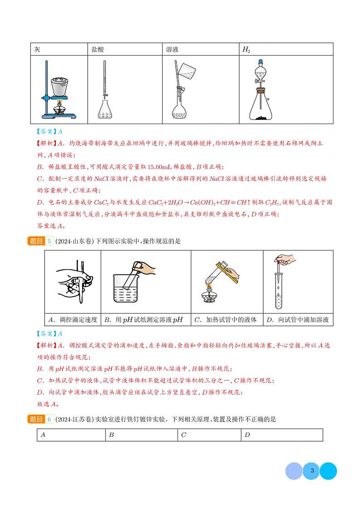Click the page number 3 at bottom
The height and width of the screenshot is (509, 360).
[x=311, y=471]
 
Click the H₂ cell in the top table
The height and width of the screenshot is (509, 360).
[x=286, y=49]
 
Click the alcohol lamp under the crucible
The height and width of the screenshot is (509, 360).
[x=58, y=110]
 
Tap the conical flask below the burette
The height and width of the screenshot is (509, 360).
[x=106, y=109]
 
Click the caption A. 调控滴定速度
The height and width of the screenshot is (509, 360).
[x=73, y=320]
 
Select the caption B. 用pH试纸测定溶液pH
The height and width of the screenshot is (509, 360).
[x=145, y=320]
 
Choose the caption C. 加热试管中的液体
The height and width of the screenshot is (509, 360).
[x=226, y=320]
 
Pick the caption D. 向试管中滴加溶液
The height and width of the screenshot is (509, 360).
[x=297, y=320]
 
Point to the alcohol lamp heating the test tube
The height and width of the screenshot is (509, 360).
[x=209, y=297]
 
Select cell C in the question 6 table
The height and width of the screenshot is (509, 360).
[x=209, y=435]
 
